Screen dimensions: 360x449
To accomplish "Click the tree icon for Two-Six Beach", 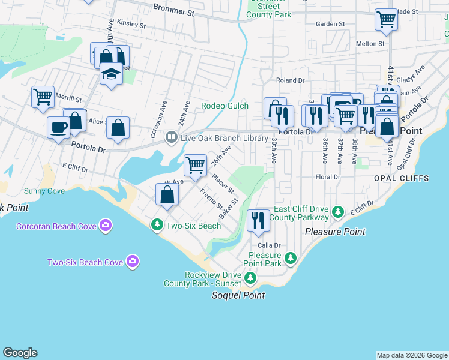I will pyautogui.click(x=157, y=225).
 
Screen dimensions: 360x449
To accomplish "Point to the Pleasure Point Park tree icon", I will pyautogui.click(x=291, y=259).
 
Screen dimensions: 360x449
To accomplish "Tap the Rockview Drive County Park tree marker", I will pyautogui.click(x=250, y=278).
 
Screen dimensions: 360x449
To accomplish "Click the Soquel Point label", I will pyautogui.click(x=238, y=295).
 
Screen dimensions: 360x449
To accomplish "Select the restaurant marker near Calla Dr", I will pyautogui.click(x=258, y=220).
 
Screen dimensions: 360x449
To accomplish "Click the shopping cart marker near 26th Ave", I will pyautogui.click(x=195, y=164).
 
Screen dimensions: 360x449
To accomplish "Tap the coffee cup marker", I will pyautogui.click(x=58, y=127).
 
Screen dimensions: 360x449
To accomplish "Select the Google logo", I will pyautogui.click(x=20, y=353).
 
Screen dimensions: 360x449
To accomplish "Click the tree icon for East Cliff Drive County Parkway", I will pyautogui.click(x=338, y=212).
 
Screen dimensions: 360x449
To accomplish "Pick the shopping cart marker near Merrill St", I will pyautogui.click(x=43, y=96).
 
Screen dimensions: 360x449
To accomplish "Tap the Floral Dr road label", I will pyautogui.click(x=327, y=177).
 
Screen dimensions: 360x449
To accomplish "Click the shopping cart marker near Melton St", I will pyautogui.click(x=386, y=19).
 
